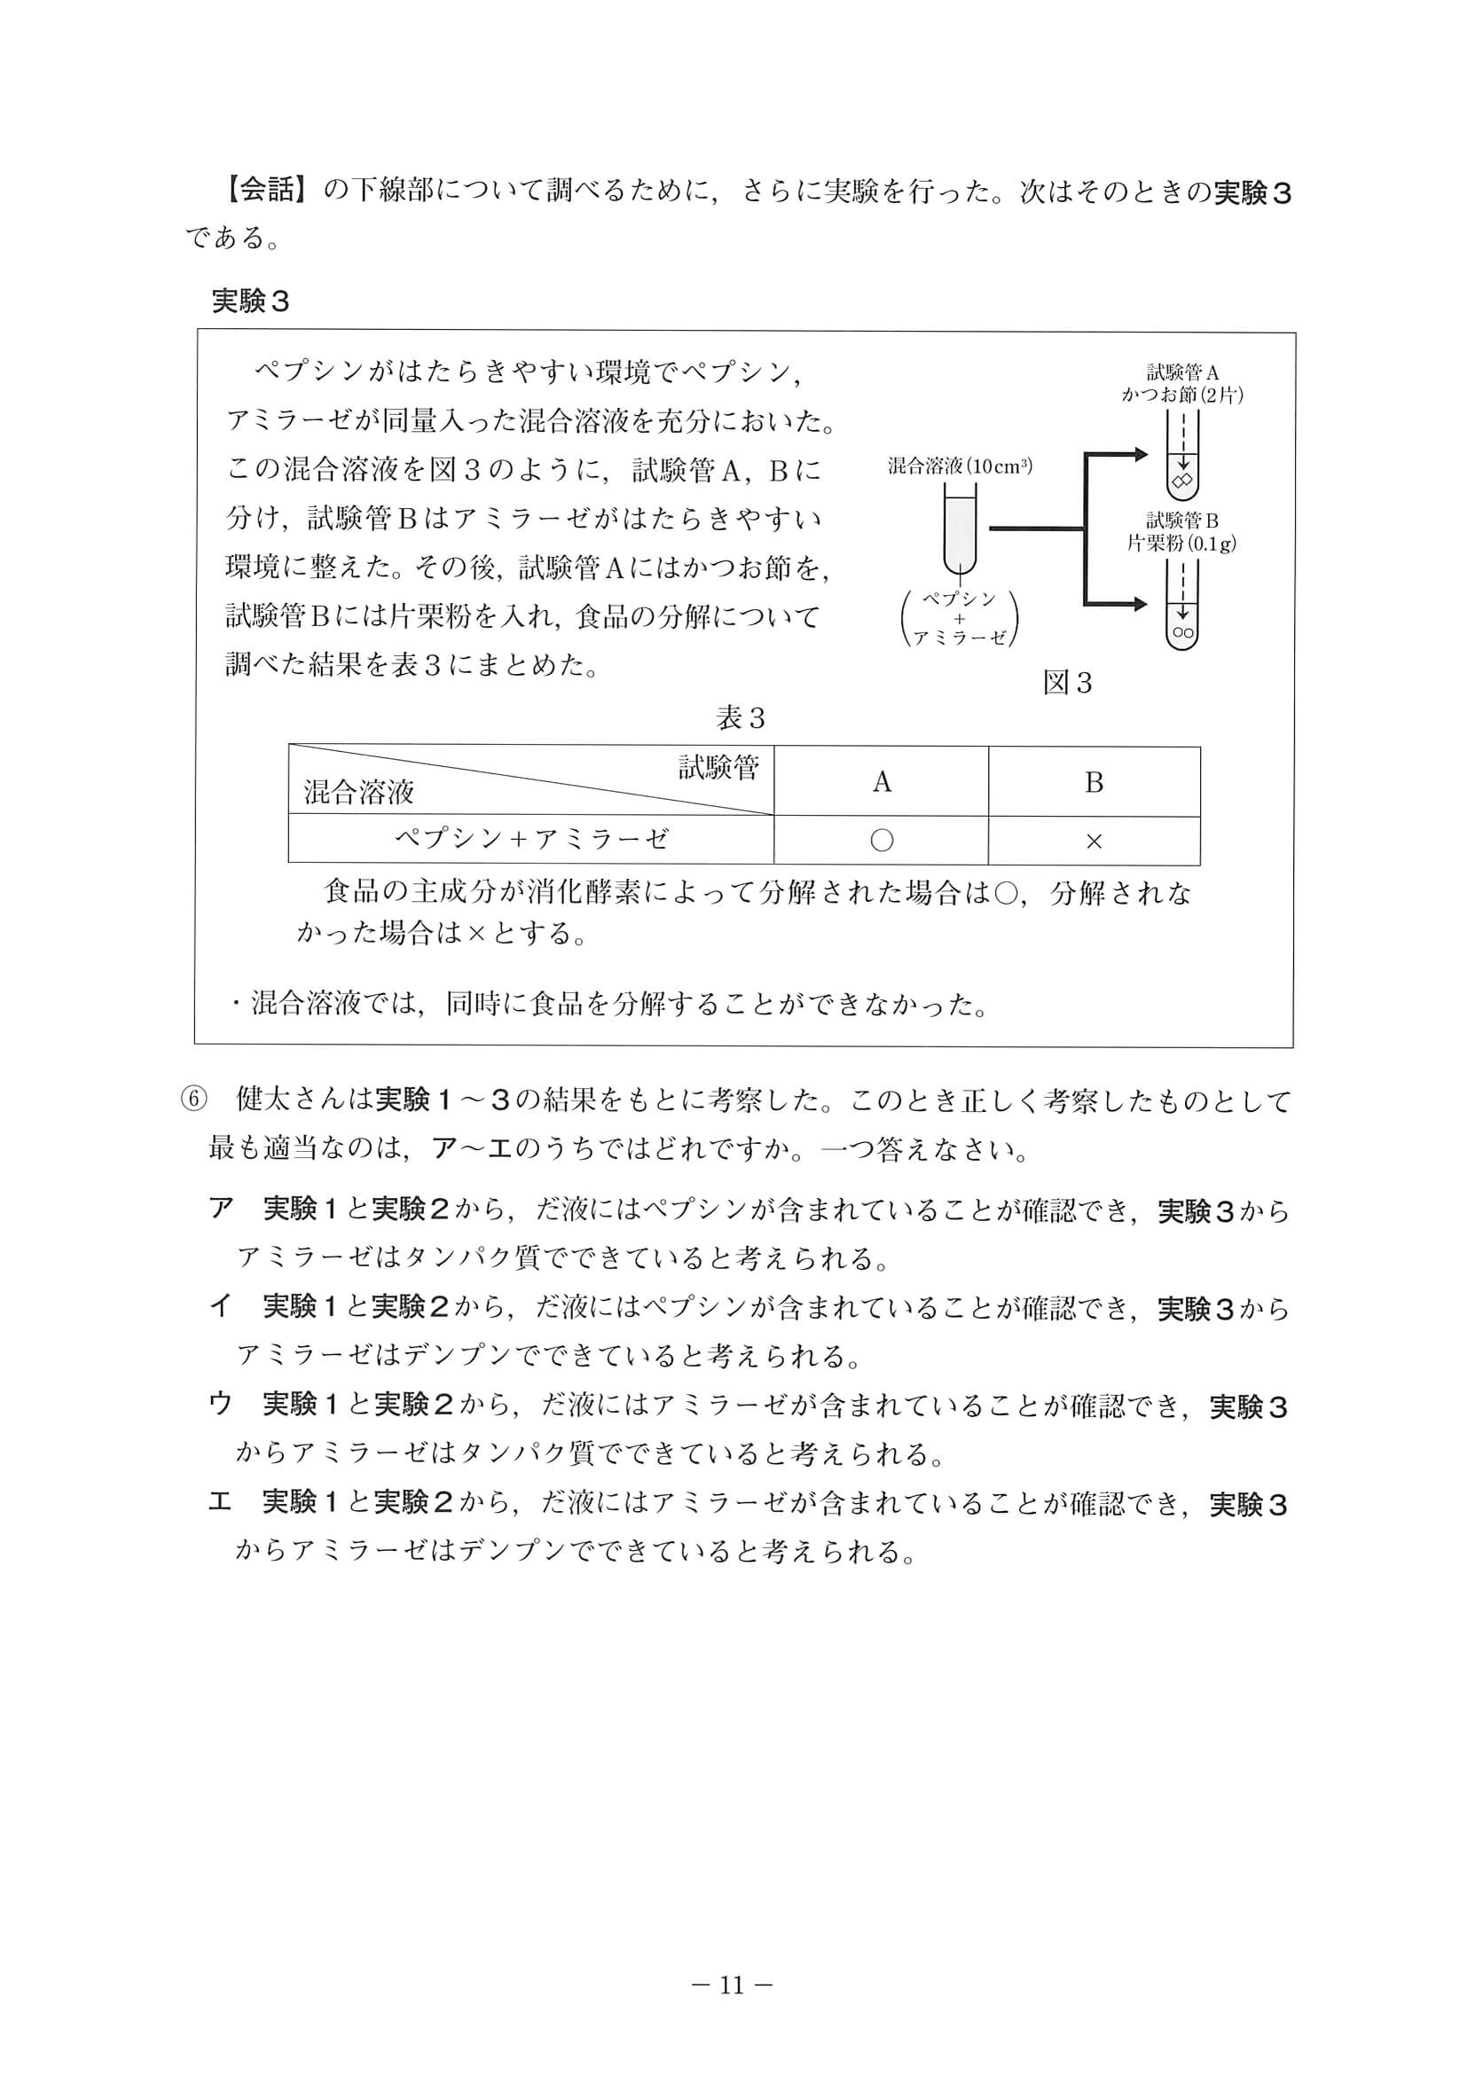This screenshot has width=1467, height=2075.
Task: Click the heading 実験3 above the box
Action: pyautogui.click(x=250, y=301)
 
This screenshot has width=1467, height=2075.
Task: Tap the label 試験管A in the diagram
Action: pyautogui.click(x=1182, y=372)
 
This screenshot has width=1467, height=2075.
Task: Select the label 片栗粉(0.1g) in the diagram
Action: pyautogui.click(x=1181, y=544)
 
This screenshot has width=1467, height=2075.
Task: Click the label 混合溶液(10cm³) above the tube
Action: pyautogui.click(x=960, y=466)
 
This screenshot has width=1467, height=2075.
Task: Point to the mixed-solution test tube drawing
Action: pyautogui.click(x=960, y=529)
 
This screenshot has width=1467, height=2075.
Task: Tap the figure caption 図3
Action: pyautogui.click(x=1068, y=682)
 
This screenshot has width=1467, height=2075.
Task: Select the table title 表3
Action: pyautogui.click(x=741, y=718)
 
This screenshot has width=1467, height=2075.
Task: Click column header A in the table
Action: pyautogui.click(x=882, y=782)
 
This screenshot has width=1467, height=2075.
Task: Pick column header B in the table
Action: pyautogui.click(x=1094, y=782)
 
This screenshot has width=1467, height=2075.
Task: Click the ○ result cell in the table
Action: pyautogui.click(x=882, y=841)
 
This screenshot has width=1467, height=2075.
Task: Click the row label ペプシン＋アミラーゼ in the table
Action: pyautogui.click(x=530, y=840)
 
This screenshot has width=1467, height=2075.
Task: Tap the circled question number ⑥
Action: pyautogui.click(x=193, y=1100)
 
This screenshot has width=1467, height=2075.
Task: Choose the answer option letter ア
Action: pyautogui.click(x=221, y=1209)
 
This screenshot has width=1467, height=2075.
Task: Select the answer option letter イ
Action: pyautogui.click(x=221, y=1306)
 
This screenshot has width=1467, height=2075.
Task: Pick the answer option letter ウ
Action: pyautogui.click(x=221, y=1404)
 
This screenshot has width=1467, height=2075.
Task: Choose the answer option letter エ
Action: pyautogui.click(x=221, y=1501)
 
